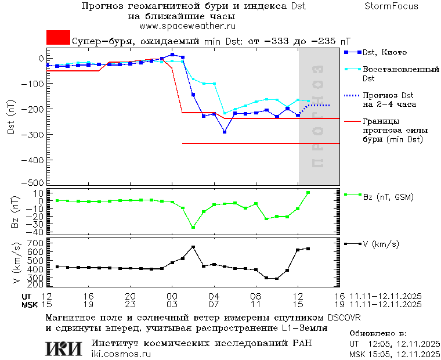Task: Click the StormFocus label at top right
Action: pyautogui.click(x=391, y=6)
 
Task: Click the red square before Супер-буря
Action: pyautogui.click(x=58, y=38)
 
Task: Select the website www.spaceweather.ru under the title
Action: pyautogui.click(x=187, y=26)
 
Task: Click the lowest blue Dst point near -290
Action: pyautogui.click(x=225, y=132)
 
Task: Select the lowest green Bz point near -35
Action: pyautogui.click(x=193, y=227)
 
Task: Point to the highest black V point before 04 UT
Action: pyautogui.click(x=193, y=247)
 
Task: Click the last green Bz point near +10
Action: pyautogui.click(x=308, y=193)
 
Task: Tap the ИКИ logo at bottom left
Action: pyautogui.click(x=63, y=348)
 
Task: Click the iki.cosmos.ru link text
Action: pyautogui.click(x=121, y=354)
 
